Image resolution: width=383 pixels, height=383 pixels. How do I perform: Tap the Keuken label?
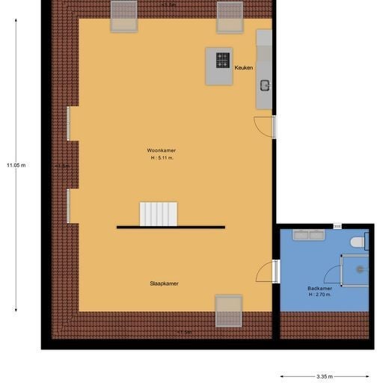point(243,68)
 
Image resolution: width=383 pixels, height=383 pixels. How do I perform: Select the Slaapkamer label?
point(164,284)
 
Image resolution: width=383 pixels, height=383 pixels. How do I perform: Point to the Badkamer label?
point(319,288)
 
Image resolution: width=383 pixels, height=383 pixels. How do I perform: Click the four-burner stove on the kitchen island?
point(223,59)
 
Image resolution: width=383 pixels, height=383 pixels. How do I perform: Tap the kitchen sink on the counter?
point(264,85)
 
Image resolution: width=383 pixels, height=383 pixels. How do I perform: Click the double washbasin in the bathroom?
point(308,235)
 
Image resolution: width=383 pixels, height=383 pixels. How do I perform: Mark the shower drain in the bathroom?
point(361,269)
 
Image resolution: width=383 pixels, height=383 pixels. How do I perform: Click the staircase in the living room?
point(159,214)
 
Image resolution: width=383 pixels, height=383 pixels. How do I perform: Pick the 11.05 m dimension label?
point(16,165)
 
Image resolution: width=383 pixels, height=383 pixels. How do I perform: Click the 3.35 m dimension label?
point(325,377)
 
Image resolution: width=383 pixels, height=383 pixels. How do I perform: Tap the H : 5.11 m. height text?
point(162,158)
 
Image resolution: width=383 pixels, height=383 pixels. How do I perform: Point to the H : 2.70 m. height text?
point(319,295)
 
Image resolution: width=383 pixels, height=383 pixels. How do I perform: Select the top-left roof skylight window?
point(123,16)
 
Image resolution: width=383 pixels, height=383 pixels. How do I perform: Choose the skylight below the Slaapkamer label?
point(228,310)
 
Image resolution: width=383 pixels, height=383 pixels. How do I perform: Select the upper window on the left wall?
point(69,123)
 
